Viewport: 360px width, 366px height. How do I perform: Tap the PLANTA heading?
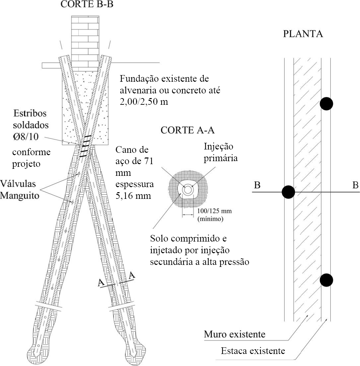click(303, 34)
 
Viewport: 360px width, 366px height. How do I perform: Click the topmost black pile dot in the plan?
click(326, 103)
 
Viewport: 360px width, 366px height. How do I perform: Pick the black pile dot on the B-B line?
click(288, 192)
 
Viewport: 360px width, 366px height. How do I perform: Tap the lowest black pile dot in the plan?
click(326, 280)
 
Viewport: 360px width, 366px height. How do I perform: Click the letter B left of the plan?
click(257, 186)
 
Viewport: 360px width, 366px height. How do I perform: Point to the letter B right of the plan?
click(355, 186)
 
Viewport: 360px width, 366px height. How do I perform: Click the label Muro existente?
click(235, 334)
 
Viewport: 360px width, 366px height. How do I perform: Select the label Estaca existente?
click(253, 351)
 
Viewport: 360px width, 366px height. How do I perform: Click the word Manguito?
click(20, 196)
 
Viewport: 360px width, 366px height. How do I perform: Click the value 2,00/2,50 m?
click(143, 102)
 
